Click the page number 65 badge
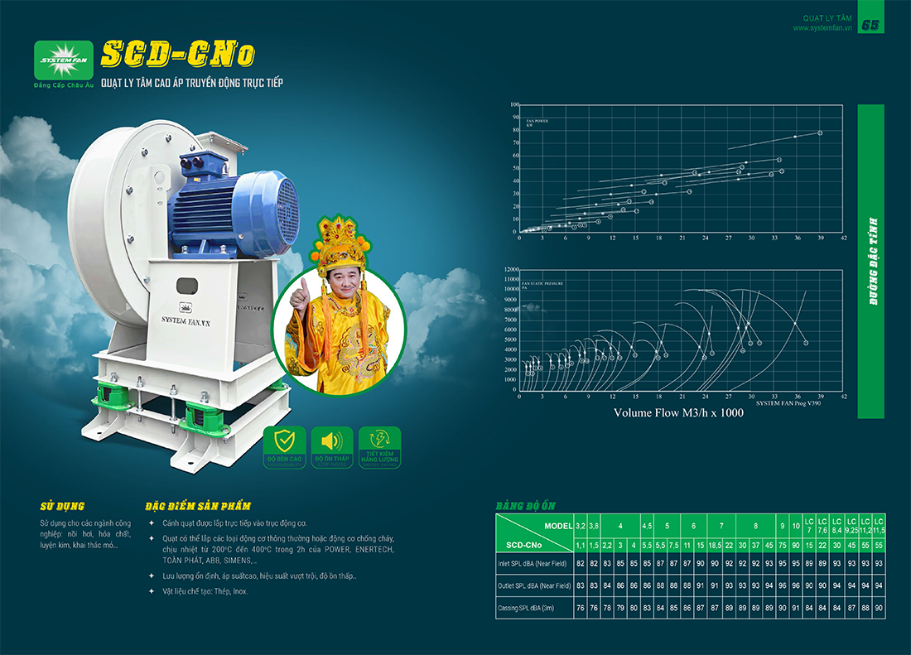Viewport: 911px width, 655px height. (x=870, y=25)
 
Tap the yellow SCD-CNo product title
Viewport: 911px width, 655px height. (x=177, y=55)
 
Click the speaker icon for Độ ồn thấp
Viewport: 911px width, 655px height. (x=332, y=442)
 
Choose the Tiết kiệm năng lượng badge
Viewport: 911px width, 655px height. (x=380, y=447)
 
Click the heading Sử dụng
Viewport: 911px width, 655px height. (x=62, y=506)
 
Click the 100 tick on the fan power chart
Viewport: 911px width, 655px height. (x=514, y=105)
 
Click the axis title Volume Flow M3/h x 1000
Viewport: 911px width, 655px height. (x=678, y=412)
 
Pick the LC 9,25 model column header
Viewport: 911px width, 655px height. (x=851, y=525)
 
